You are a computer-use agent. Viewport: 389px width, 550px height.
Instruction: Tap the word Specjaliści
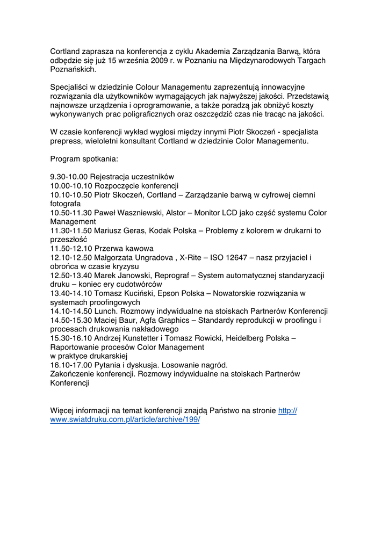pyautogui.click(x=69, y=87)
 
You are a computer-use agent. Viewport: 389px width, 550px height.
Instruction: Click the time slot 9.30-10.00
pyautogui.click(x=69, y=177)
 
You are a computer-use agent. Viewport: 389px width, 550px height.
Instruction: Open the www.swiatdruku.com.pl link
pyautogui.click(x=125, y=419)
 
